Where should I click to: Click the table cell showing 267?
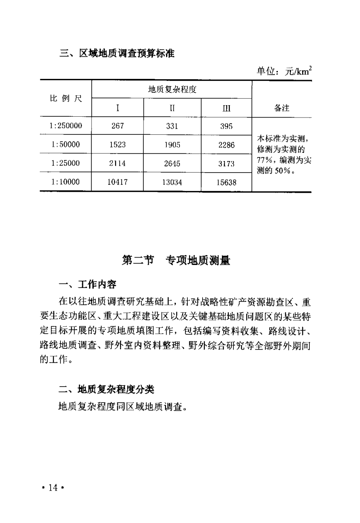pos(118,126)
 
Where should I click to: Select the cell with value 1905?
pos(172,145)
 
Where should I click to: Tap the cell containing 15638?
pos(226,182)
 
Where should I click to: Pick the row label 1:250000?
pos(66,126)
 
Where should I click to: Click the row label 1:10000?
pos(66,182)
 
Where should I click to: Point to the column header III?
pos(226,109)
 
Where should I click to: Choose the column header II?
pos(172,109)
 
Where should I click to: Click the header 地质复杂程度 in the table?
pos(172,90)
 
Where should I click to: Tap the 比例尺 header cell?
pos(66,99)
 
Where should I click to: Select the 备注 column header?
pos(282,108)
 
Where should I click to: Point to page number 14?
pos(53,488)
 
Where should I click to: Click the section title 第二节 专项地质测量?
pos(176,260)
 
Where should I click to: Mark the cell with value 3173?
pos(226,164)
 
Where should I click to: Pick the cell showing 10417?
pos(118,182)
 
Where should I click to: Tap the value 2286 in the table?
pos(226,145)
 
